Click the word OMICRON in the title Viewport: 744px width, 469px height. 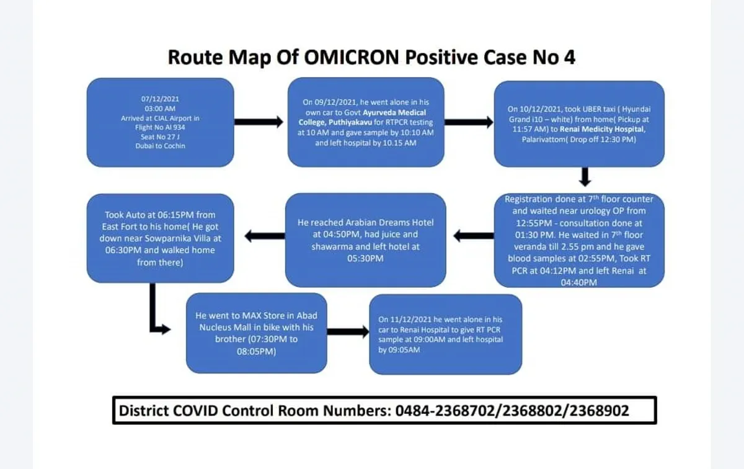tap(352, 57)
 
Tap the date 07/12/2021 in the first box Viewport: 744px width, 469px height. tap(160, 99)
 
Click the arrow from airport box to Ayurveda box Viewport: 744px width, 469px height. tap(259, 122)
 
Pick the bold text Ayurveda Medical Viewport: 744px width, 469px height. tap(394, 112)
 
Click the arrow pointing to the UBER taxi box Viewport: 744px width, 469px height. tap(469, 122)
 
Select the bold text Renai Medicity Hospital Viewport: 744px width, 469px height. tap(602, 129)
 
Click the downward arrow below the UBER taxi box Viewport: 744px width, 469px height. tap(585, 177)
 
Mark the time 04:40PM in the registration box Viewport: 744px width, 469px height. tap(579, 282)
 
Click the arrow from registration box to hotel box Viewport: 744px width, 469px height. tap(473, 236)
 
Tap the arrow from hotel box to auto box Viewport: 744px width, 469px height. tap(265, 236)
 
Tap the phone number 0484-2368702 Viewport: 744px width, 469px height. tap(445, 411)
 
